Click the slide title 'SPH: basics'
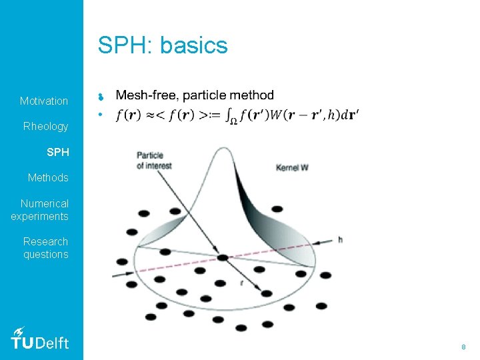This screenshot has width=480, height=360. pyautogui.click(x=163, y=45)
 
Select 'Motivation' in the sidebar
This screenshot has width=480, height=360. pyautogui.click(x=44, y=101)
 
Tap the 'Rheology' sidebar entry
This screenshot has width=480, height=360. pyautogui.click(x=45, y=126)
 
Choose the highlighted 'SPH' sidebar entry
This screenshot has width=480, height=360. pyautogui.click(x=57, y=152)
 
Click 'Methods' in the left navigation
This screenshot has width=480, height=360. pyautogui.click(x=48, y=177)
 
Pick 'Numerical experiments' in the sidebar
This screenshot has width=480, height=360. pyautogui.click(x=40, y=209)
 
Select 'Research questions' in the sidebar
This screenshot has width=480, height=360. pyautogui.click(x=45, y=247)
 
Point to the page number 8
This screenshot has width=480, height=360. pyautogui.click(x=463, y=347)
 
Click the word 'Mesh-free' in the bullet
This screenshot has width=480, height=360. pyautogui.click(x=143, y=96)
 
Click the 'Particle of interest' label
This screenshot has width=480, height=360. pyautogui.click(x=149, y=160)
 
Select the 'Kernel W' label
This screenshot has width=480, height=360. pyautogui.click(x=292, y=167)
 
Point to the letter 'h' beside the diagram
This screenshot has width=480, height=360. pyautogui.click(x=341, y=239)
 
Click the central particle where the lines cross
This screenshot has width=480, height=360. pyautogui.click(x=222, y=257)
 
